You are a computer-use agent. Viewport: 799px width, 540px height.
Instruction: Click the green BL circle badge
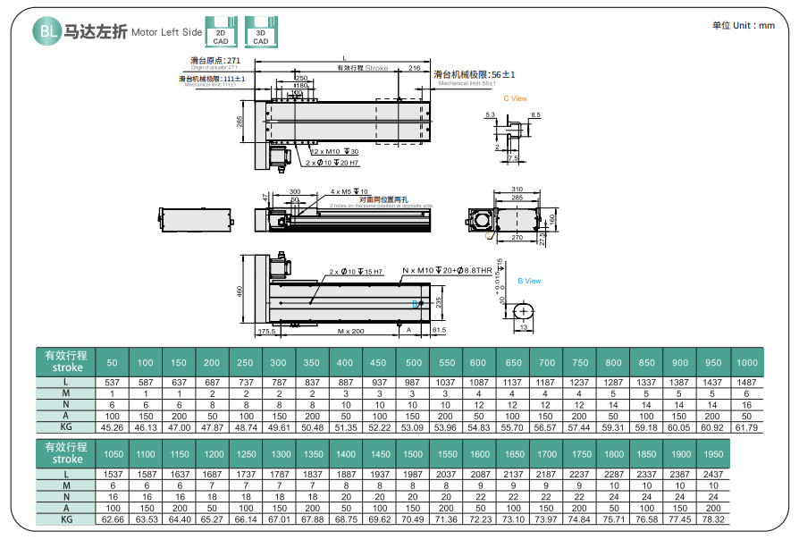pyautogui.click(x=46, y=32)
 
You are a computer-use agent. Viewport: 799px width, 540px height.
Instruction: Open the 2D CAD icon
pyautogui.click(x=219, y=32)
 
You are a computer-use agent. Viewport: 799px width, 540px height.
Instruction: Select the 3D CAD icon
pyautogui.click(x=259, y=32)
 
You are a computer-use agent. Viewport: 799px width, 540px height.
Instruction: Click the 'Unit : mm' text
pyautogui.click(x=744, y=26)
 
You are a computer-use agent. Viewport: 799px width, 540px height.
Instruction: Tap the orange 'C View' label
pyautogui.click(x=516, y=99)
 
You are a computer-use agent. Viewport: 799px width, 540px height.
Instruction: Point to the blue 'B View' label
pyautogui.click(x=529, y=281)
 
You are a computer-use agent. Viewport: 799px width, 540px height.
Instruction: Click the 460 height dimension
pyautogui.click(x=240, y=291)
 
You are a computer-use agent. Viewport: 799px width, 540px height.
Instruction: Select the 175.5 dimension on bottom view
pyautogui.click(x=266, y=331)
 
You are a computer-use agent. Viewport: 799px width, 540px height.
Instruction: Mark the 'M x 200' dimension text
pyautogui.click(x=350, y=331)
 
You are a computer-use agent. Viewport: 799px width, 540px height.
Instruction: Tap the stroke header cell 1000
pyautogui.click(x=746, y=363)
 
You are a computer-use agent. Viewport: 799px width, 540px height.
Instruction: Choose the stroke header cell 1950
pyautogui.click(x=713, y=454)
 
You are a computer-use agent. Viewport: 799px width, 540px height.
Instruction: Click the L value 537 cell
pyautogui.click(x=112, y=383)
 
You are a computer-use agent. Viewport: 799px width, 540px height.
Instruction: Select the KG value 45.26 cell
pyautogui.click(x=112, y=427)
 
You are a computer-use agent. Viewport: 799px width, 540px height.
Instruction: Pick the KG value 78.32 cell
pyautogui.click(x=713, y=519)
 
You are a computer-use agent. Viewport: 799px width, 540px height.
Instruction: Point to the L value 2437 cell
pyautogui.click(x=713, y=474)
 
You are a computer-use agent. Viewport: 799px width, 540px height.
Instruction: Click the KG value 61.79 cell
pyautogui.click(x=746, y=427)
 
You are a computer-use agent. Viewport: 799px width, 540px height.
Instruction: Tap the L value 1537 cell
pyautogui.click(x=112, y=474)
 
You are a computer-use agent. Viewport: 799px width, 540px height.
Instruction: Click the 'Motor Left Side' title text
pyautogui.click(x=167, y=33)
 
